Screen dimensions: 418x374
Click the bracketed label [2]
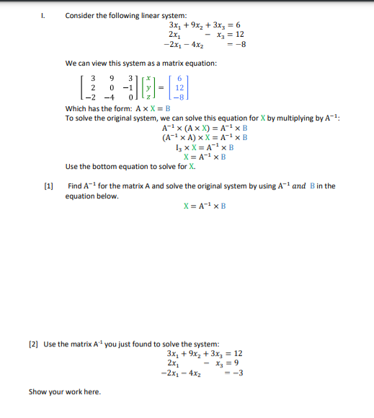coord(33,344)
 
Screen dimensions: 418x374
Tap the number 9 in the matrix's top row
coord(110,78)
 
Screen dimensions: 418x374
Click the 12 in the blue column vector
coord(179,88)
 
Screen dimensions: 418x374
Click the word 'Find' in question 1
coord(75,186)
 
